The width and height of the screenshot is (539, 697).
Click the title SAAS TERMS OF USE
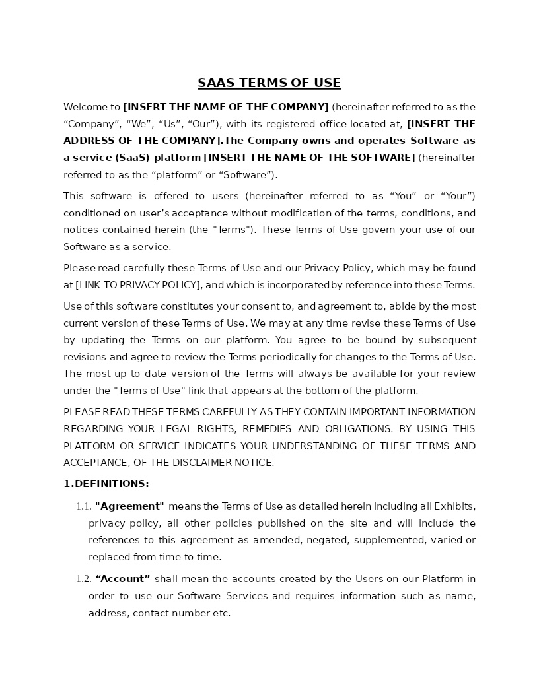pos(269,83)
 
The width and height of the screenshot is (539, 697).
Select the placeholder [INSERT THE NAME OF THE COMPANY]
pos(225,107)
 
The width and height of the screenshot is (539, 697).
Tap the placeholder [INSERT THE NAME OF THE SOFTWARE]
pos(309,158)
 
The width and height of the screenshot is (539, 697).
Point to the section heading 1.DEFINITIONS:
pos(106,484)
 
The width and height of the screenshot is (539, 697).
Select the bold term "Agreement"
pos(129,506)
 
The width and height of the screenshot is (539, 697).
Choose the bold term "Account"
pos(123,579)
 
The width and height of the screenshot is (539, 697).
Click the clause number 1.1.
pos(83,506)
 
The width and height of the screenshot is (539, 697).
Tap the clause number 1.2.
pos(83,579)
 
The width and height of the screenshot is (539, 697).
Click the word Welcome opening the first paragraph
pos(83,107)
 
